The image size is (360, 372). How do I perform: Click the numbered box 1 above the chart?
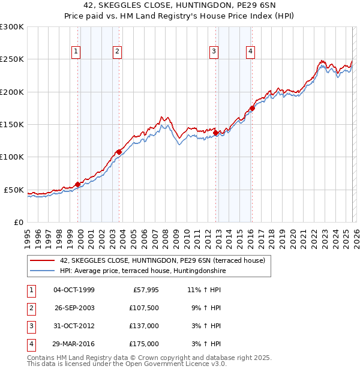click(76, 52)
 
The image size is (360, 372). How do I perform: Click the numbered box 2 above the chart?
click(118, 52)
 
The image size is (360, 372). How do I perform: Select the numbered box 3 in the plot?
click(213, 52)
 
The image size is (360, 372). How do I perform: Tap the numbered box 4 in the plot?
click(249, 52)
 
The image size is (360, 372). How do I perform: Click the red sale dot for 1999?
click(78, 184)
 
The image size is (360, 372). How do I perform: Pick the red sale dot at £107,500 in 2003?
click(119, 152)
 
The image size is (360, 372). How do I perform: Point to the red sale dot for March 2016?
click(252, 109)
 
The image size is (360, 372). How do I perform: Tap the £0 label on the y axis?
click(18, 222)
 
